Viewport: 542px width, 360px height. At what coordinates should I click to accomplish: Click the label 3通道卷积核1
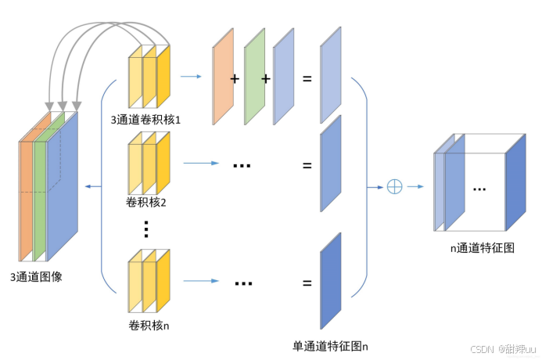[146, 120]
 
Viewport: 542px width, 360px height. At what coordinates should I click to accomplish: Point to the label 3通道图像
[37, 275]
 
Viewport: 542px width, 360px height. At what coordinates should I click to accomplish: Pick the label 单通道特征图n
[330, 345]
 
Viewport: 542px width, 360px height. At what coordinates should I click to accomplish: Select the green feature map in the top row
[255, 78]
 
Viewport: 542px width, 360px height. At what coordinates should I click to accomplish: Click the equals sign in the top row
[307, 79]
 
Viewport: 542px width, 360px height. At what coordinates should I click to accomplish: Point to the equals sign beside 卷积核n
[307, 283]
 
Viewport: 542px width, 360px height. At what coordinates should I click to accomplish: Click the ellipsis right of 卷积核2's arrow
[242, 165]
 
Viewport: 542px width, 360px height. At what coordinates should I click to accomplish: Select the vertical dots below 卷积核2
[146, 229]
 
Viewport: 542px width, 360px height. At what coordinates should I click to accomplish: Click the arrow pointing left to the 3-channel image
[95, 186]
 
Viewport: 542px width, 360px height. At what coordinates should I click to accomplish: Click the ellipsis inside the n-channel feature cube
[479, 189]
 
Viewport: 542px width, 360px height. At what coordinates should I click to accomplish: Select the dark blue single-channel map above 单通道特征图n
[331, 281]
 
